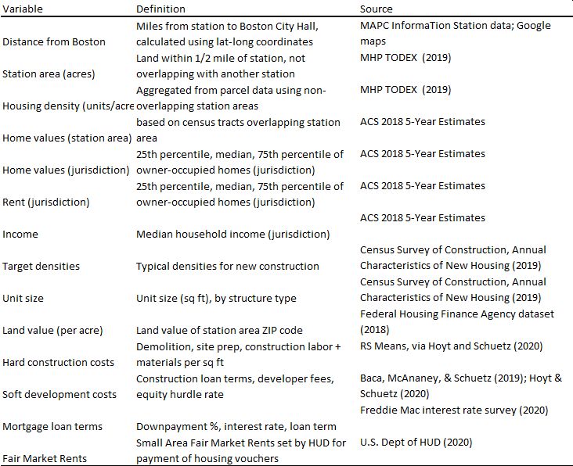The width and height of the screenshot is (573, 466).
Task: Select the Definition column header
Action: (160, 9)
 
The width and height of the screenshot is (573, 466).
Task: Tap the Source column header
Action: (377, 9)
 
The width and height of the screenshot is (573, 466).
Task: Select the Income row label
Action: (20, 235)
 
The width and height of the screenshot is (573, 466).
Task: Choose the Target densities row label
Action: (41, 267)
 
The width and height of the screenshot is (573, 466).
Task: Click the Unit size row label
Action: (23, 299)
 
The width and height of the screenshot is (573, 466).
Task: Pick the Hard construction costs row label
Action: (58, 363)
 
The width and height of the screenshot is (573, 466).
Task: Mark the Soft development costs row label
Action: (59, 395)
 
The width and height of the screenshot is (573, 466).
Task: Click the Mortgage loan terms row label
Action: (52, 427)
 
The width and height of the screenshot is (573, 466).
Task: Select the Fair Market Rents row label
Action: (44, 459)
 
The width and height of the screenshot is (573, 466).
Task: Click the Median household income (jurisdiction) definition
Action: (232, 235)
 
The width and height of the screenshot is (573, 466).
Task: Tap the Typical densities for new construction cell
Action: (227, 267)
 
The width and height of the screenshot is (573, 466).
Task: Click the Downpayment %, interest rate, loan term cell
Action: (236, 427)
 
